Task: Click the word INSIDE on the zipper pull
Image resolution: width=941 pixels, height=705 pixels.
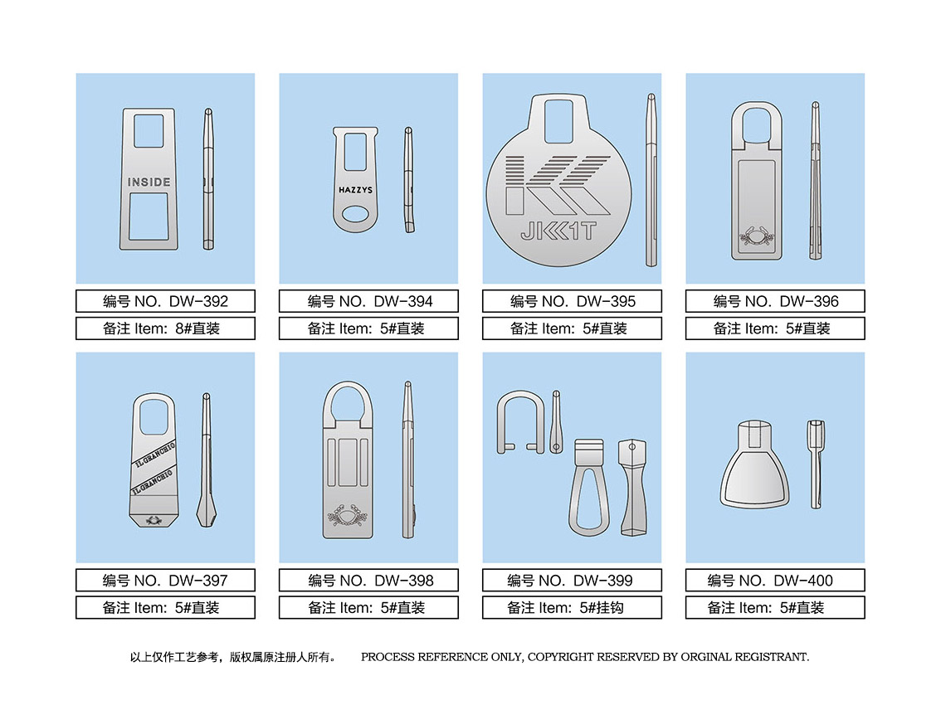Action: [x=149, y=182]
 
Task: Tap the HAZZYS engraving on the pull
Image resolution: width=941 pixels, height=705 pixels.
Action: [x=355, y=190]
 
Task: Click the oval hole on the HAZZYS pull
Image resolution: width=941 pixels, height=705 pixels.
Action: [x=355, y=214]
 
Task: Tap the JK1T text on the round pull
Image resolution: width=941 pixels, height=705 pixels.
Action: [x=558, y=231]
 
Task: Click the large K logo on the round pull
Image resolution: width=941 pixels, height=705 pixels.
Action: [x=558, y=186]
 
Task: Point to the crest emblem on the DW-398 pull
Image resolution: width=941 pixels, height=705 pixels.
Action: [x=348, y=515]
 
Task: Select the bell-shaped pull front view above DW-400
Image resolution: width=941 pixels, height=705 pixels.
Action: [x=755, y=465]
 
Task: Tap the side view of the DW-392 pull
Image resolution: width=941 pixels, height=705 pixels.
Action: [x=208, y=179]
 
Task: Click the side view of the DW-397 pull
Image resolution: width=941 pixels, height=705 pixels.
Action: [x=207, y=460]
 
